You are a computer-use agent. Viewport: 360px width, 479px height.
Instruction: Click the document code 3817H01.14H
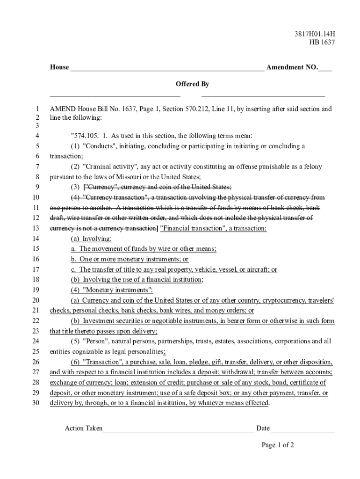pos(315,33)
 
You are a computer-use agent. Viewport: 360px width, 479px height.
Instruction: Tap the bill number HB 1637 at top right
pos(322,43)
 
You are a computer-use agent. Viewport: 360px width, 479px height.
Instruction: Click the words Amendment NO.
pos(292,67)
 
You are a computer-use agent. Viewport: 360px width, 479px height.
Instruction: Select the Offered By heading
pos(192,84)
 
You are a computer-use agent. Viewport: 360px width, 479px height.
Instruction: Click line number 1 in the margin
pos(37,109)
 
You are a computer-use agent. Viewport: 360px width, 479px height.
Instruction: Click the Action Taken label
pos(83,428)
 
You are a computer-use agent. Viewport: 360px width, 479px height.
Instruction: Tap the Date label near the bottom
pos(263,428)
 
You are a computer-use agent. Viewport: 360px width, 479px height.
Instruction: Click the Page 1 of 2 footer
pos(278,445)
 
